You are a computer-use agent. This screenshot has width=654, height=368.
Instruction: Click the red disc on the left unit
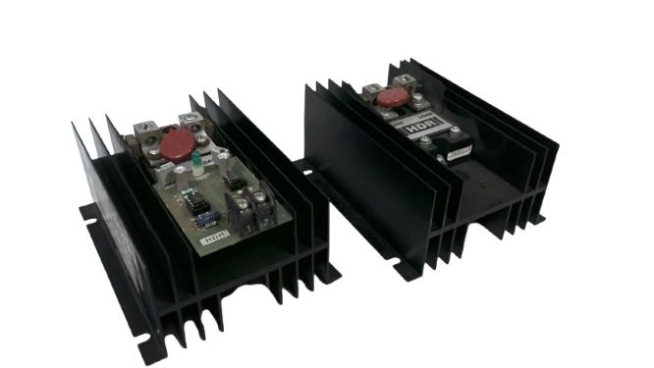[178, 146]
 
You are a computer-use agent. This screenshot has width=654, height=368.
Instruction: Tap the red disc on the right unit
[391, 96]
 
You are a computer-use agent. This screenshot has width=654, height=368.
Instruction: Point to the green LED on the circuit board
[196, 162]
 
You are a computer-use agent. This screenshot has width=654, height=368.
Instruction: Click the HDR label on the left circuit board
[211, 236]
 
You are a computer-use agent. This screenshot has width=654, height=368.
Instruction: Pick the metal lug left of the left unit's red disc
[147, 131]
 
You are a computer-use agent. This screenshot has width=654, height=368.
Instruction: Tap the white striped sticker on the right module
[459, 149]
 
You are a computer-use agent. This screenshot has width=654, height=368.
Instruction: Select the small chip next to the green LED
[234, 178]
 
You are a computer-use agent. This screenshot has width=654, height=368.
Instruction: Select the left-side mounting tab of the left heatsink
[88, 211]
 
